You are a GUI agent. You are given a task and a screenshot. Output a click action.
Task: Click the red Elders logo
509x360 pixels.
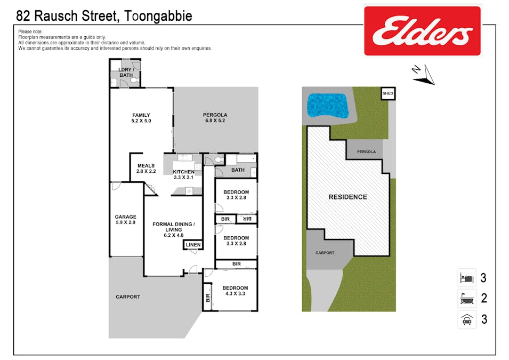tap(422, 31)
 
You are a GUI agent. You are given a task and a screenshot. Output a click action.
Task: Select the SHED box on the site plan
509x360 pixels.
tap(387, 93)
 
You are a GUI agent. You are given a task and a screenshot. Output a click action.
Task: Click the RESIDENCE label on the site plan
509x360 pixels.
tap(348, 197)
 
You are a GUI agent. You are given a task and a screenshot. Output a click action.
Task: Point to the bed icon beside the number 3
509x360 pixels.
tap(467, 278)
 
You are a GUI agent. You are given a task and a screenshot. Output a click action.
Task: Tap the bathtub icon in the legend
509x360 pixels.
tap(467, 298)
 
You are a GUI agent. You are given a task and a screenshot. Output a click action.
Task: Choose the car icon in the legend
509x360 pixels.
tap(467, 319)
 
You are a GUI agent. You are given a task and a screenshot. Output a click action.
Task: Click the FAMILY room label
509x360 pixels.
tap(141, 115)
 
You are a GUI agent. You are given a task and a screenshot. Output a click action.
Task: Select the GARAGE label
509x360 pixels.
tap(126, 217)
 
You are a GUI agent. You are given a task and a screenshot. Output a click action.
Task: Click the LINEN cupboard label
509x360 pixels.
tap(193, 245)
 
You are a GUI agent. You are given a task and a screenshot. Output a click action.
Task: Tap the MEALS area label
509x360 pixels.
tap(146, 166)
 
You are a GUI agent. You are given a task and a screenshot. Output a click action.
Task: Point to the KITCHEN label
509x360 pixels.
tap(184, 172)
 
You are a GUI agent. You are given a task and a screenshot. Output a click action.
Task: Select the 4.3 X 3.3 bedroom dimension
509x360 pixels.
tap(236, 293)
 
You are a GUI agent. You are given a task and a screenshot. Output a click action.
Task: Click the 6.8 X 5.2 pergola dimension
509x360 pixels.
tap(215, 121)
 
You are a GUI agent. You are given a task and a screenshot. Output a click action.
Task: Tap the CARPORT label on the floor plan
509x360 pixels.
tap(128, 297)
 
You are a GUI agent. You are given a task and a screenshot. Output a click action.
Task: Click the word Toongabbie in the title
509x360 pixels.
tap(158, 16)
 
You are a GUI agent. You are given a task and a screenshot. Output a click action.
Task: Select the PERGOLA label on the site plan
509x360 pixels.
tap(367, 151)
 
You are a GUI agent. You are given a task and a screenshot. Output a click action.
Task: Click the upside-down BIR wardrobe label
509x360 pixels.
tap(247, 219)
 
